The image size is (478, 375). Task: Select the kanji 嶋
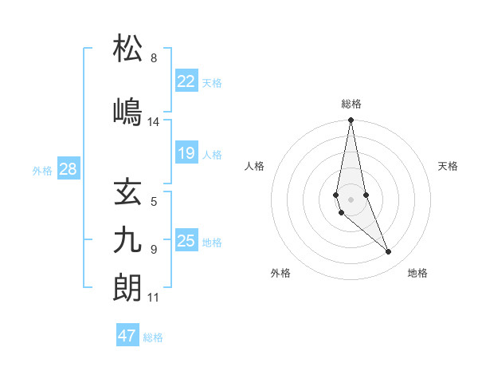pyautogui.click(x=128, y=112)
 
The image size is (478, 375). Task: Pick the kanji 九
pyautogui.click(x=128, y=239)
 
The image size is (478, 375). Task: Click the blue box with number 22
pyautogui.click(x=186, y=81)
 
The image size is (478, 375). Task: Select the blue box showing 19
pyautogui.click(x=186, y=153)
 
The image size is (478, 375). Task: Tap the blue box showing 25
pyautogui.click(x=186, y=241)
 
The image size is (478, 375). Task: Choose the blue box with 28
pyautogui.click(x=68, y=169)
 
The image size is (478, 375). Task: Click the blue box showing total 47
pyautogui.click(x=127, y=336)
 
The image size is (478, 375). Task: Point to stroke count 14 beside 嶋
pyautogui.click(x=153, y=122)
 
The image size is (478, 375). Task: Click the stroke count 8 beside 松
pyautogui.click(x=153, y=58)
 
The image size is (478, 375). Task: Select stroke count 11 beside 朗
pyautogui.click(x=153, y=298)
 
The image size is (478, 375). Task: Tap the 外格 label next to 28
pyautogui.click(x=42, y=170)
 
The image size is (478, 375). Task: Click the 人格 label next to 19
pyautogui.click(x=212, y=154)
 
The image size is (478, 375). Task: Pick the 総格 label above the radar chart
pyautogui.click(x=351, y=104)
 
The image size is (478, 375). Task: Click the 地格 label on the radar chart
pyautogui.click(x=417, y=274)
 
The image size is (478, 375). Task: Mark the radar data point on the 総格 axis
pyautogui.click(x=351, y=120)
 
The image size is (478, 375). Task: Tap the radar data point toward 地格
pyautogui.click(x=389, y=252)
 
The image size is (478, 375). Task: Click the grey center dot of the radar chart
pyautogui.click(x=351, y=199)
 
